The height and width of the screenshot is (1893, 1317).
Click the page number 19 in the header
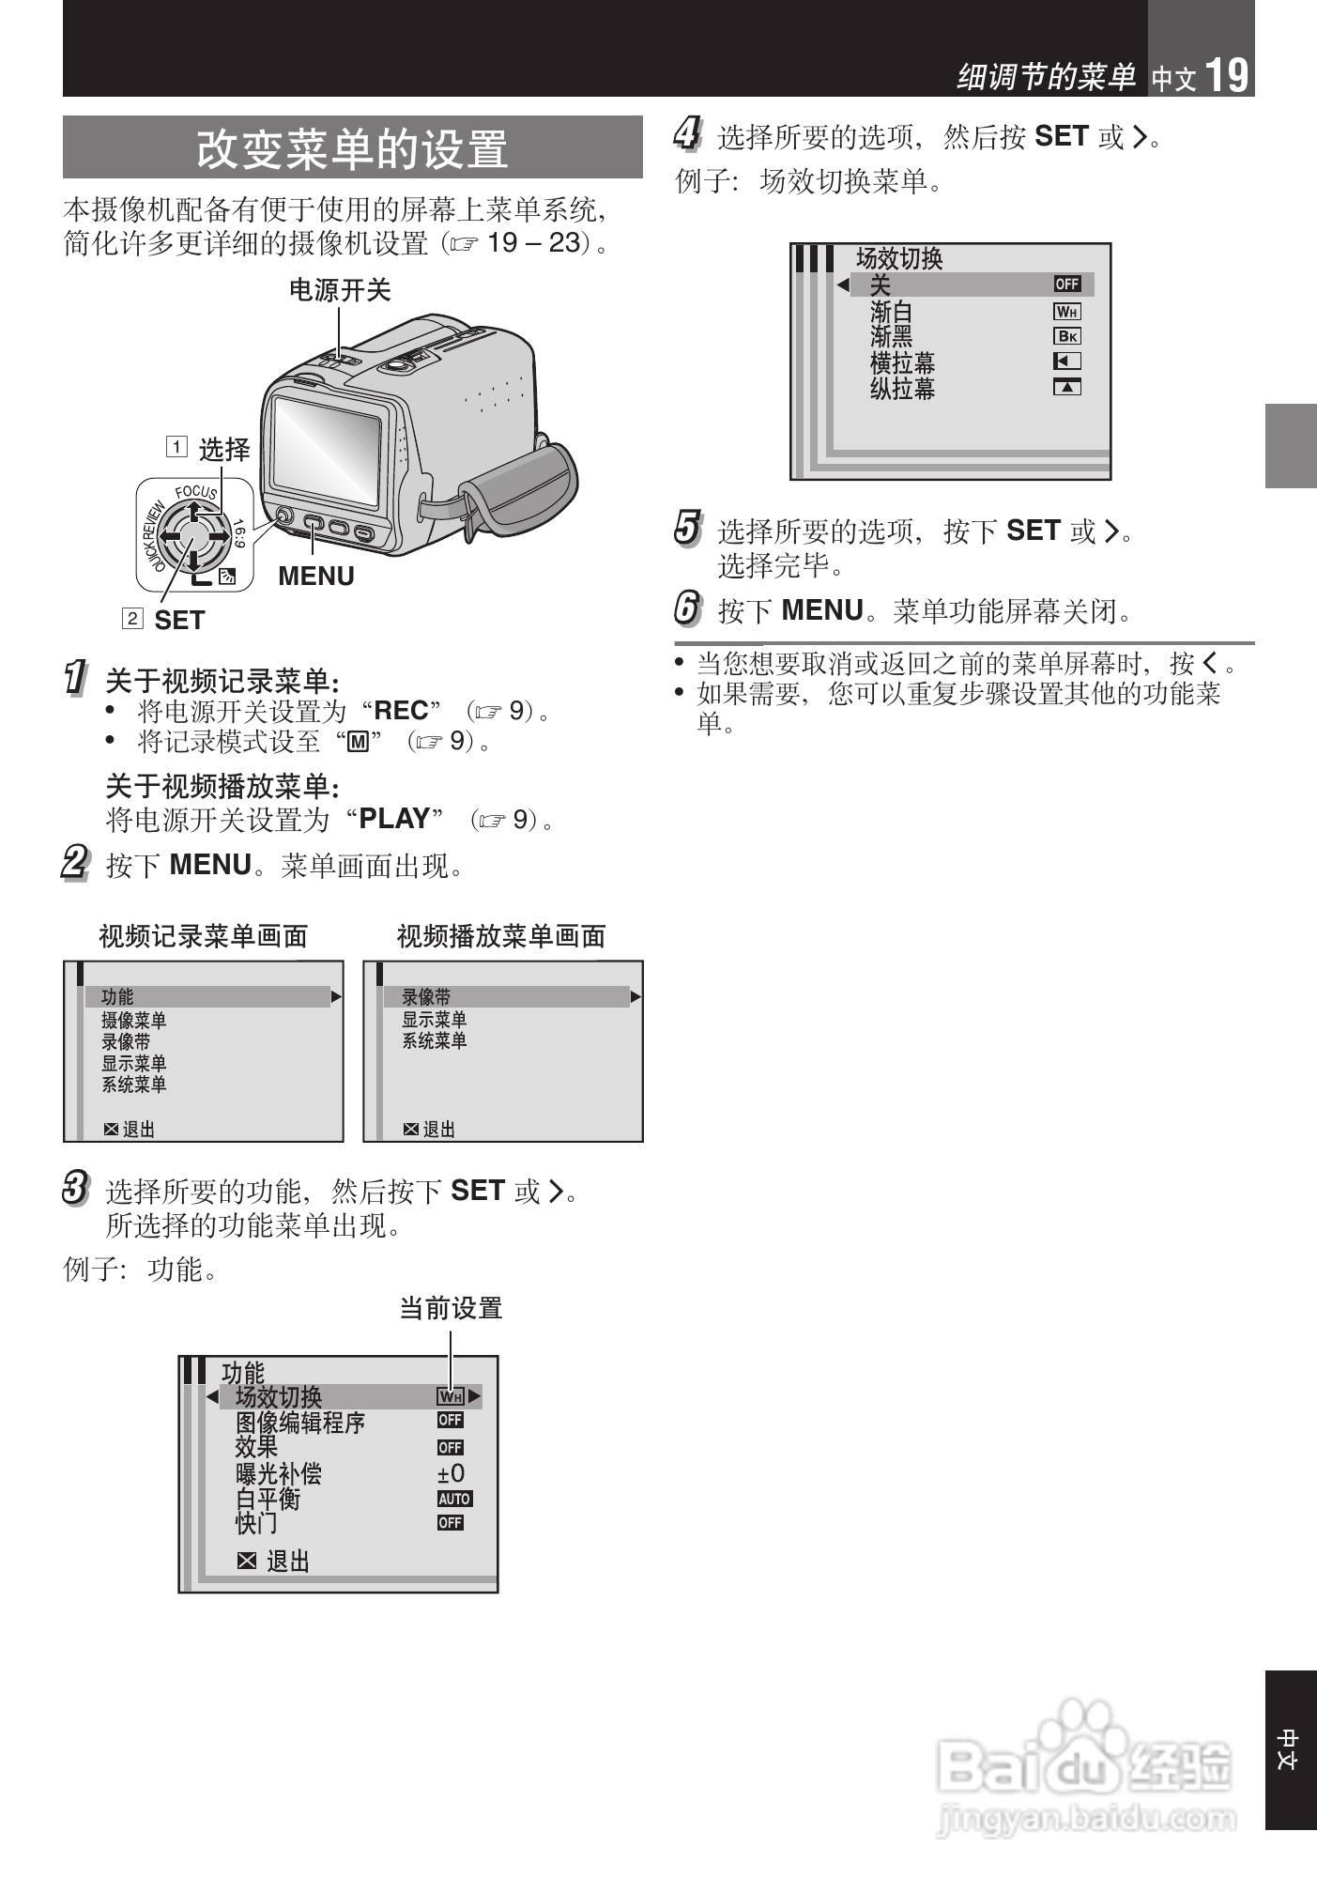[1227, 74]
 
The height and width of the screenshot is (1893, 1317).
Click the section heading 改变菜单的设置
[352, 148]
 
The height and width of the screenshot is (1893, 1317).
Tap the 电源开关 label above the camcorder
[339, 290]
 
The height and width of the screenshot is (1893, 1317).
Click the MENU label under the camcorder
[316, 576]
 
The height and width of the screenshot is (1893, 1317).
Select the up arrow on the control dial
[192, 511]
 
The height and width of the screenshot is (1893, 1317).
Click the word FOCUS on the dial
[196, 491]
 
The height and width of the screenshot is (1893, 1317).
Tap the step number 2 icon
[75, 862]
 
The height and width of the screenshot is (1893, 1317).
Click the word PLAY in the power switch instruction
[394, 819]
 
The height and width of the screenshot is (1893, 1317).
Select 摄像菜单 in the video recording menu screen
[133, 1020]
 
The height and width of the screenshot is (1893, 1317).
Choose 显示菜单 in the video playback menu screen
[434, 1019]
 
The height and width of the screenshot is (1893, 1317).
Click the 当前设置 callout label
[451, 1308]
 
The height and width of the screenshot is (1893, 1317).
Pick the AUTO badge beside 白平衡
[454, 1499]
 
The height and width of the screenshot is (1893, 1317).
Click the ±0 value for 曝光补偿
[451, 1473]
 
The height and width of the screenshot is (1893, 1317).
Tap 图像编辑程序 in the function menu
[299, 1423]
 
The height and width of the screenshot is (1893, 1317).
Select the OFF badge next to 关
[1066, 284]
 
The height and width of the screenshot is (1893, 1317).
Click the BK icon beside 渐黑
[1066, 336]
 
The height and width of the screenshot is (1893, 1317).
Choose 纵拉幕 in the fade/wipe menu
[902, 388]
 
